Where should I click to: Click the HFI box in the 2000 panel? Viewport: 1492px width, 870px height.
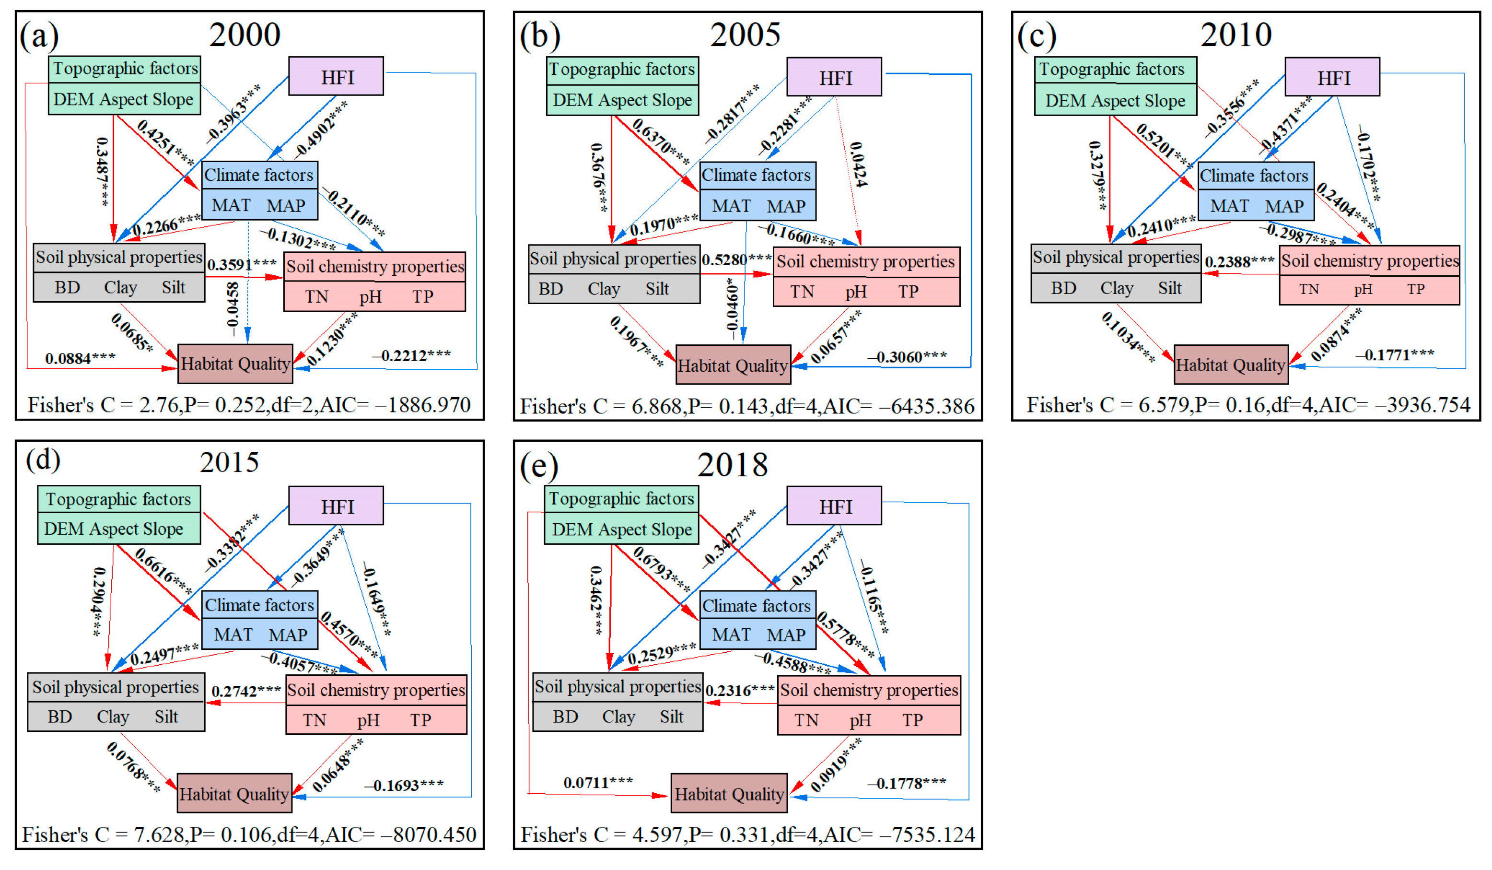(x=336, y=76)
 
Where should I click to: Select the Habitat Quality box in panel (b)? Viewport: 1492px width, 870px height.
(x=733, y=365)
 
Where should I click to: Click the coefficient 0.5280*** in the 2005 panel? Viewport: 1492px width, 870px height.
(x=736, y=259)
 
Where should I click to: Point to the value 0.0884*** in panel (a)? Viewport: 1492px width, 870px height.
(x=80, y=358)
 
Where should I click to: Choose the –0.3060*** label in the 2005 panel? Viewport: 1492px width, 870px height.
(x=907, y=356)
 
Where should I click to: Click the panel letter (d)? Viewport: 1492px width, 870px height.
(x=43, y=460)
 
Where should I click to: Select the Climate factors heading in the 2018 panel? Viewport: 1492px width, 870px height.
(x=757, y=605)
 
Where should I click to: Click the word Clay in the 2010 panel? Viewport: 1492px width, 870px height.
(x=1117, y=288)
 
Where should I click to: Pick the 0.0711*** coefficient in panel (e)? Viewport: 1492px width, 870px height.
(x=597, y=782)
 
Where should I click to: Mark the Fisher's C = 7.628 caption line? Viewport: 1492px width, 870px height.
(x=249, y=835)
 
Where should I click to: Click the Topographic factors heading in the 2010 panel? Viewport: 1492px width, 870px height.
(x=1112, y=69)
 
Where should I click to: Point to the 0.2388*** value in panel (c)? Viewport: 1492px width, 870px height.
(x=1239, y=261)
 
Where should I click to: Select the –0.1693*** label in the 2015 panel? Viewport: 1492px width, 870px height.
(x=404, y=785)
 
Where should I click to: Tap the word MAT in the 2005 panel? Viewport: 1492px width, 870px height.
(x=731, y=206)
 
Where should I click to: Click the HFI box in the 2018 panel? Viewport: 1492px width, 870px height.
(x=834, y=506)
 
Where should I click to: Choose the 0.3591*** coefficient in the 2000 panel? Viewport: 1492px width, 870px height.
(x=242, y=264)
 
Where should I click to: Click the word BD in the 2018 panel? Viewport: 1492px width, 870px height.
(x=565, y=717)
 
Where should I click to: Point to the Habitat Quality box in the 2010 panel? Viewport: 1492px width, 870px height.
(x=1230, y=365)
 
